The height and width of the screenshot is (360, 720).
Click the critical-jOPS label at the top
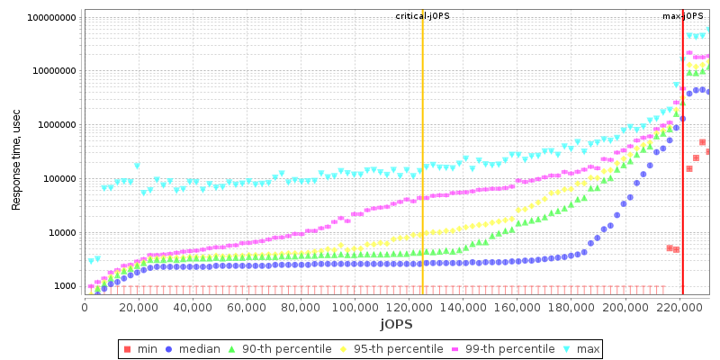422,16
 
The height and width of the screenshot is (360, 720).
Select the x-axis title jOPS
395,323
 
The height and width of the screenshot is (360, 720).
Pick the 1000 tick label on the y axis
65,286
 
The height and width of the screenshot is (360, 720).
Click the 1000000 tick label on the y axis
56,125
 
